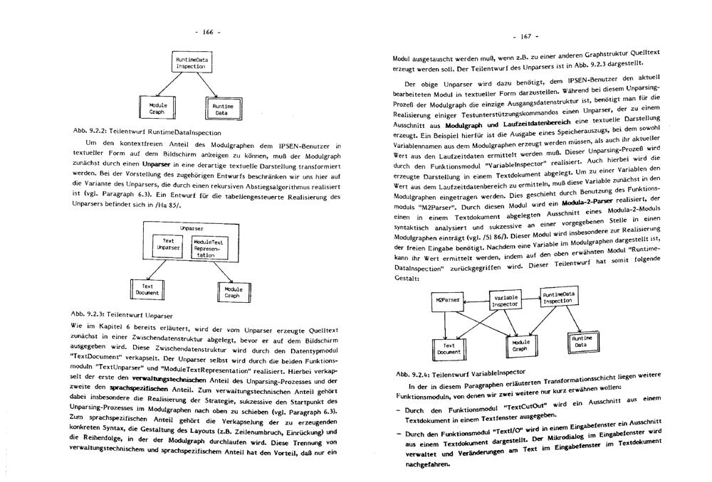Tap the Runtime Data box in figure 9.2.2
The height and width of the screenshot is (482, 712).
point(221,108)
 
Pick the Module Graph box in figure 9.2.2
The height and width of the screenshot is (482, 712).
point(157,108)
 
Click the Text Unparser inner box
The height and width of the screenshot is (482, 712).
point(169,245)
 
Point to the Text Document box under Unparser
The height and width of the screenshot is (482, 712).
point(146,289)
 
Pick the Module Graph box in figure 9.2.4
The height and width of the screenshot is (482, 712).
point(520,346)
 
